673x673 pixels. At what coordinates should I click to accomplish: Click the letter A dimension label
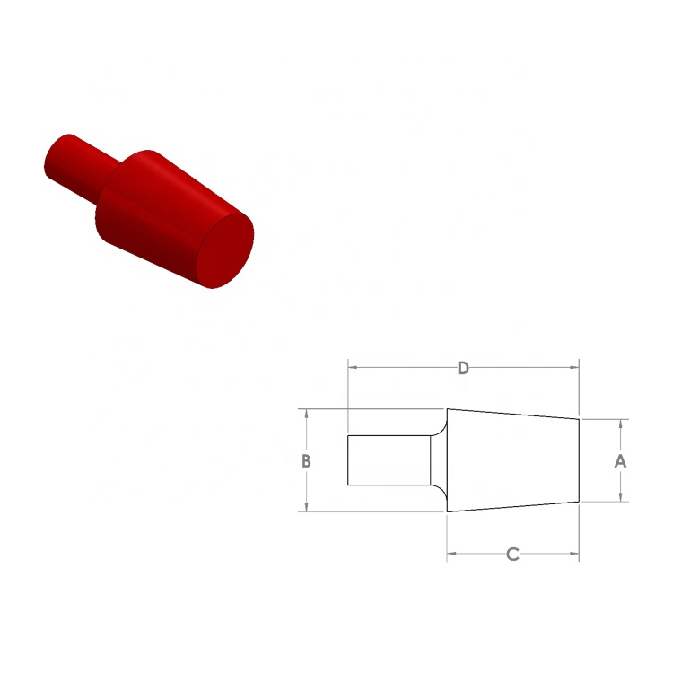(x=619, y=461)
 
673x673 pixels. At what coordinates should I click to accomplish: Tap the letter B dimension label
(x=307, y=461)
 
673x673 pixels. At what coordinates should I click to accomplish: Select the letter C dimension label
(x=512, y=555)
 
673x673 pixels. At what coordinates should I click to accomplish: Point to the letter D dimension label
(x=463, y=368)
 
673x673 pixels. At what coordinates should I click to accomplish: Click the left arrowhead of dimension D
(x=353, y=368)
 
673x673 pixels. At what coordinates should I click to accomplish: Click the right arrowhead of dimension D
(x=573, y=368)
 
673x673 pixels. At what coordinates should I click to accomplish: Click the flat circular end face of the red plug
(x=224, y=249)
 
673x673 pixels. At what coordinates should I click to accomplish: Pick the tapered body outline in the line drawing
(x=512, y=460)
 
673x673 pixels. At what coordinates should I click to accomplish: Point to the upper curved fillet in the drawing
(x=439, y=424)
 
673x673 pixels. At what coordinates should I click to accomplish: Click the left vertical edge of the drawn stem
(x=348, y=460)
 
